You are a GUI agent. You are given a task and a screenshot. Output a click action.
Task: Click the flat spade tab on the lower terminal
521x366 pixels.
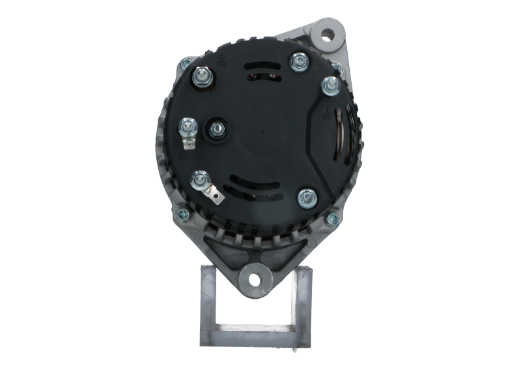coord(211,194)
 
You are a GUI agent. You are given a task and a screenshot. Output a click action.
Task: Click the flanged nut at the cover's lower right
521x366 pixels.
coord(305,197)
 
